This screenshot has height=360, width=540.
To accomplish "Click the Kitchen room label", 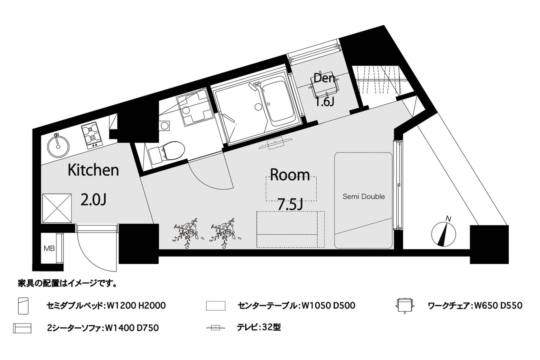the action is pos(93,170).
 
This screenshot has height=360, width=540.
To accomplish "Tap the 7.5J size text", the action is pos(290,205).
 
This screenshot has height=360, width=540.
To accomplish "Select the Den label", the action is pos(324,78).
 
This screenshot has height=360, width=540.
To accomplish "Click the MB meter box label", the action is pos(49,248).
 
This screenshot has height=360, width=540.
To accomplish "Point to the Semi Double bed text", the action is pos(363,196).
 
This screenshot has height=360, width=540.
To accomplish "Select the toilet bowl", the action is pos(173,150).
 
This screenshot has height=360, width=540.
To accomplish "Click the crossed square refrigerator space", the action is pos(57,208).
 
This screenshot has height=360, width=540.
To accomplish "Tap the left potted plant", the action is pos(186,233).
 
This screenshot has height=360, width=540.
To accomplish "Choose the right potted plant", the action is pos(223,233).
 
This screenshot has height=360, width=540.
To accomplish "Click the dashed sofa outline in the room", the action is pos(290,230).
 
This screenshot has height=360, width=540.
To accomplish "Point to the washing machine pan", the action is pos(195,108).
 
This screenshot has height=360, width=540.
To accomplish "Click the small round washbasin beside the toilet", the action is pos(164,126).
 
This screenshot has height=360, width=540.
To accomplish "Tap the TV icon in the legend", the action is pos(216,328).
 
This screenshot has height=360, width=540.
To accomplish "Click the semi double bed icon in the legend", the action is pos(24,306).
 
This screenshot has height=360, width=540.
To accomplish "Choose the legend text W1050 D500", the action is pos(328,306).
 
